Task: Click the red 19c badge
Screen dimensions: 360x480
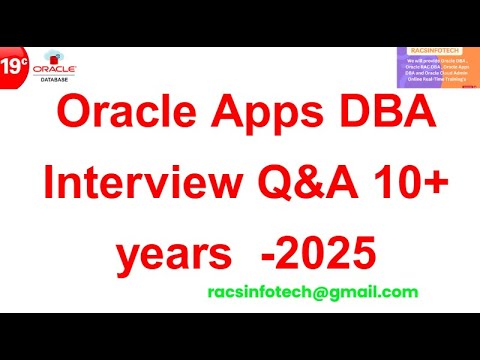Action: pos(14,68)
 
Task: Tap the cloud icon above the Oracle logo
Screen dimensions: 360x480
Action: pos(47,57)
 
